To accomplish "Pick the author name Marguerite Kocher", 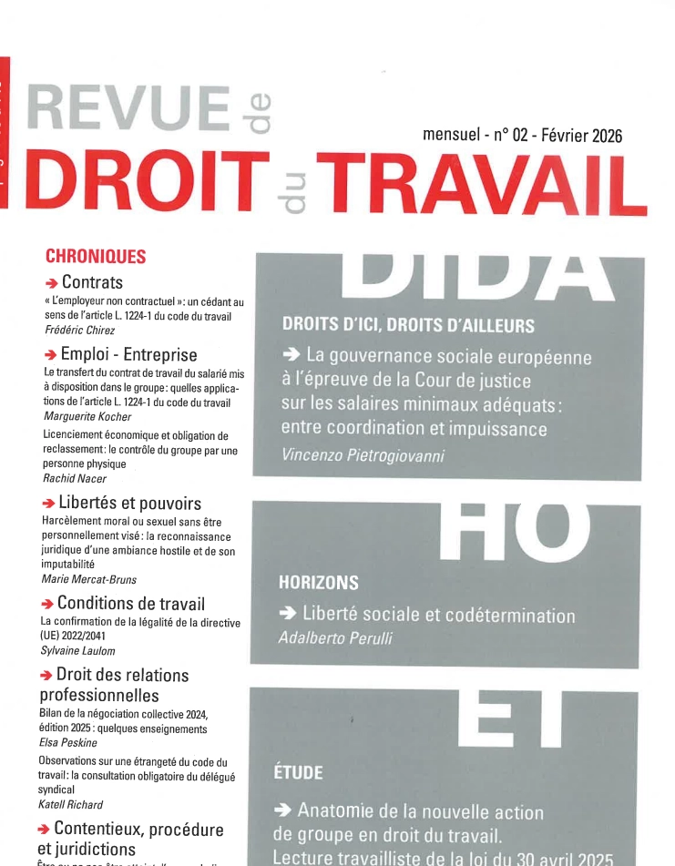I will [87, 416].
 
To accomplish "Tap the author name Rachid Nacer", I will [75, 478].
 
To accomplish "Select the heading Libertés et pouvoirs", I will [129, 503].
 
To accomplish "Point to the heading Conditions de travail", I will [130, 603].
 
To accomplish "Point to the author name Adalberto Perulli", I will [335, 638].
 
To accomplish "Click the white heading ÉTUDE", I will [298, 773].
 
